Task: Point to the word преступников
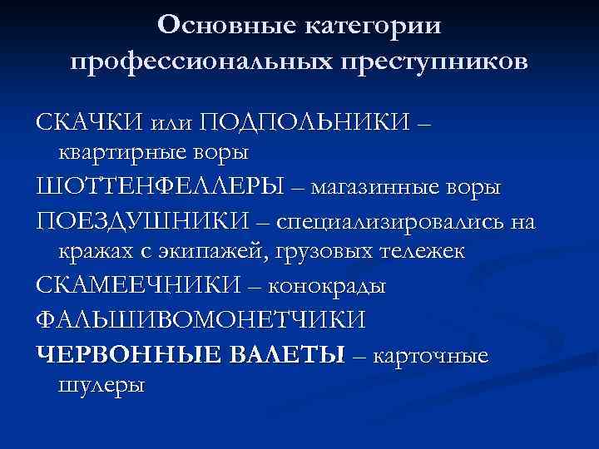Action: (439, 62)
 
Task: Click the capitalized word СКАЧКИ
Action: (89, 123)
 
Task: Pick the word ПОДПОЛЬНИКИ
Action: (304, 123)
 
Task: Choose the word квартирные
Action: (135, 153)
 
